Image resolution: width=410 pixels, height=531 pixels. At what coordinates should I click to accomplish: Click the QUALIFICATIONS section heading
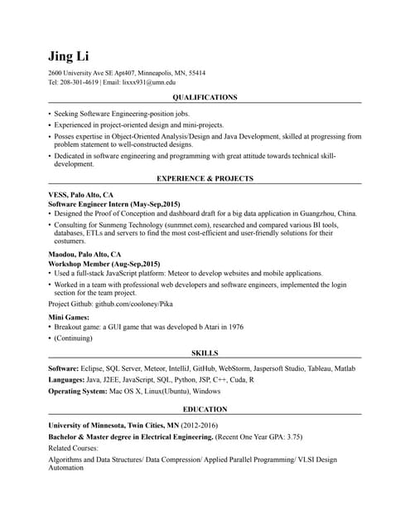coord(205,97)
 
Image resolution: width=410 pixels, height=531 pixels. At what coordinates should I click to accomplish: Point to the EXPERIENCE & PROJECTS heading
coord(205,178)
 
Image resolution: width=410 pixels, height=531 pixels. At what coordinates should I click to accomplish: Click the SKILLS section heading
coord(205,353)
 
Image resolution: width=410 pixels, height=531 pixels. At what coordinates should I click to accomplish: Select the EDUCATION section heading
coord(205,409)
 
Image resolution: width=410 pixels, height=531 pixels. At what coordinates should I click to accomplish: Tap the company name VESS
coord(58,194)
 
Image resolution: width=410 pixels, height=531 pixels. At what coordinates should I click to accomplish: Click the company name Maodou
coord(62,254)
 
